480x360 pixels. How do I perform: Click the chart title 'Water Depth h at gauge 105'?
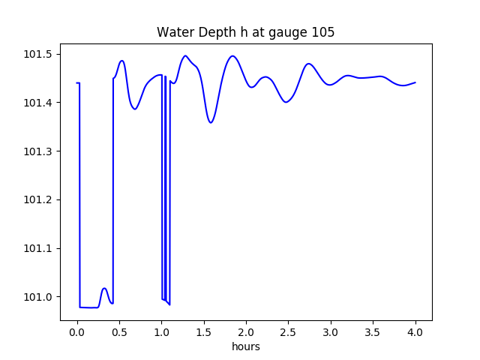(245, 32)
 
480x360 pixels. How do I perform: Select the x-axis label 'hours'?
(245, 347)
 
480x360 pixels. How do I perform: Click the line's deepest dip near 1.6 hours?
(211, 122)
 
